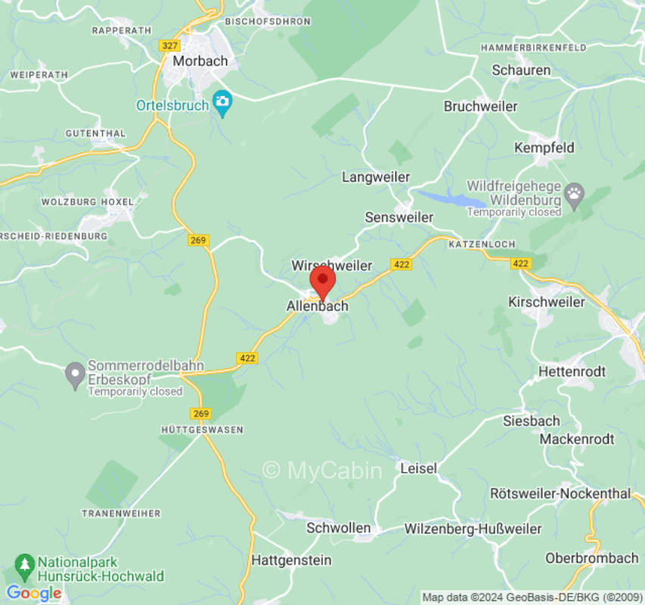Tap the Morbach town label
pos(199,61)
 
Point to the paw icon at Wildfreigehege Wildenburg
pos(575,194)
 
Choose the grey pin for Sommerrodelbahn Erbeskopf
pos(75,374)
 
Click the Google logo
pos(34,593)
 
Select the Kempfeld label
pos(544,147)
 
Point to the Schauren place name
pos(521,70)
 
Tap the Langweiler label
pos(376,177)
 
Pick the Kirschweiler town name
pos(547,302)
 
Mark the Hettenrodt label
pos(572,371)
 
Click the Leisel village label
pos(419,468)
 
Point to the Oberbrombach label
pos(592,558)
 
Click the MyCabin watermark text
pos(322,470)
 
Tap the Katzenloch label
pos(482,244)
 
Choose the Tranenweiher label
pos(121,513)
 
